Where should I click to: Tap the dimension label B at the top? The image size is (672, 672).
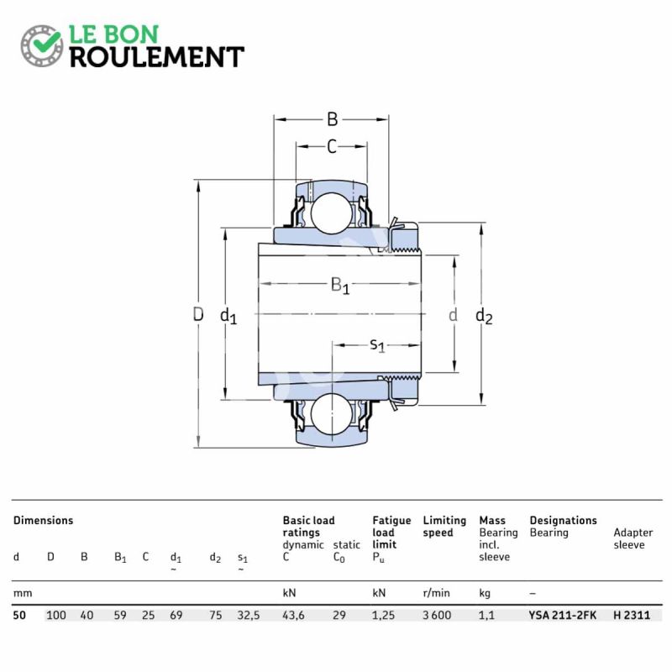click(x=332, y=118)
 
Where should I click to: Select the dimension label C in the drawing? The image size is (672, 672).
click(x=332, y=147)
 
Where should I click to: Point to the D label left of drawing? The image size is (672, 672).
click(x=198, y=315)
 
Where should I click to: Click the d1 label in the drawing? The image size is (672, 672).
click(x=228, y=317)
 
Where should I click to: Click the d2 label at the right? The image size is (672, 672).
click(x=484, y=317)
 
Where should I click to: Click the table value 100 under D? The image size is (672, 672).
click(x=56, y=615)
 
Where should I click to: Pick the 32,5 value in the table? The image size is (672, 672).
click(x=249, y=615)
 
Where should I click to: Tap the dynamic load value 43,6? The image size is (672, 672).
click(x=295, y=615)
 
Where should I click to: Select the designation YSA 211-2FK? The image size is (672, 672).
click(x=563, y=615)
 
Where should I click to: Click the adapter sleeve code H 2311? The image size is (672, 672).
click(x=631, y=615)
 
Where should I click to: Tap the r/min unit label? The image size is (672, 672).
click(x=437, y=593)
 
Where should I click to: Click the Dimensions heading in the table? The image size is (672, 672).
click(x=43, y=521)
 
